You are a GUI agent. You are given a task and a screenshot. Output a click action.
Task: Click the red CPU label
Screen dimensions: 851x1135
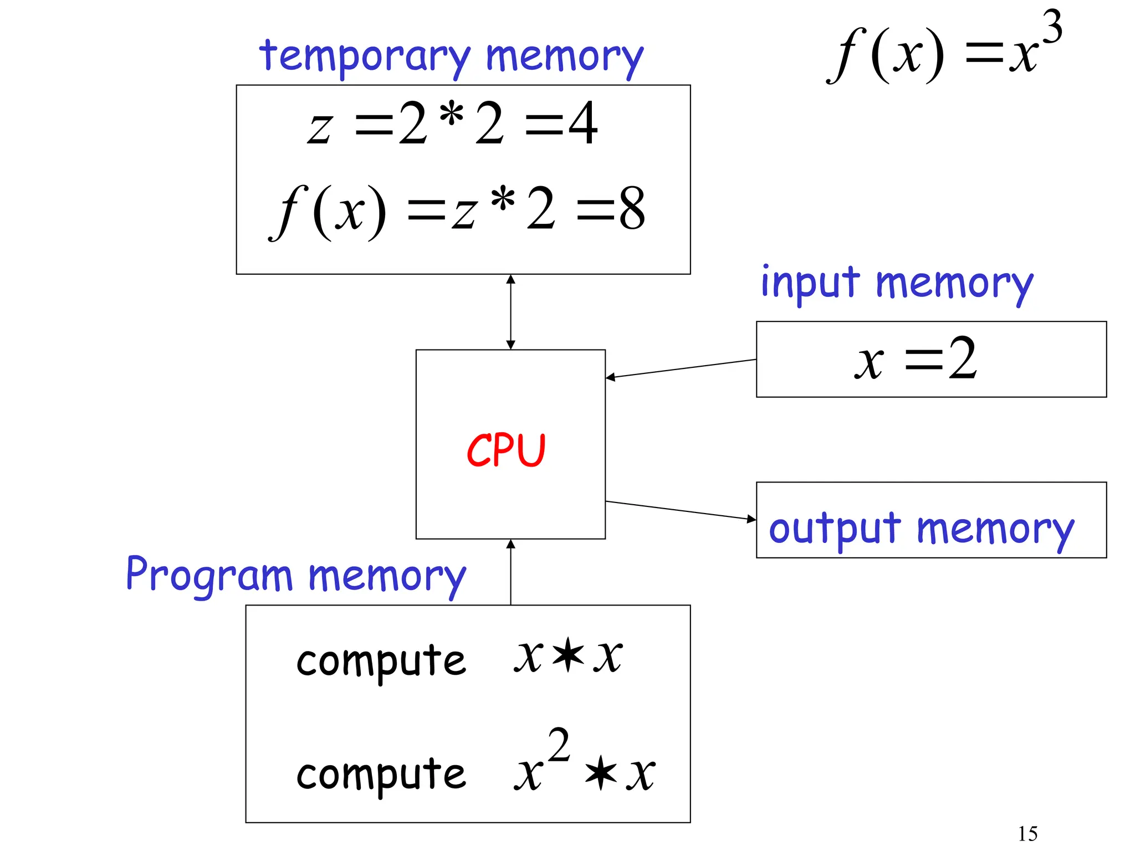tap(506, 450)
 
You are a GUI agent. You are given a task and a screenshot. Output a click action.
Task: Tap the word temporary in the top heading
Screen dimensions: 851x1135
tap(365, 57)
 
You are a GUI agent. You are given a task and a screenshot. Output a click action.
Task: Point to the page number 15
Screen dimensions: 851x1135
tap(1027, 834)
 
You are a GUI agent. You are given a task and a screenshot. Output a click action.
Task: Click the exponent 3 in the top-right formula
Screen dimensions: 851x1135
tap(1051, 28)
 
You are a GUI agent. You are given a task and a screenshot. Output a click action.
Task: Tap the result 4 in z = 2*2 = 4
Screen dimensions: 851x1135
tap(583, 124)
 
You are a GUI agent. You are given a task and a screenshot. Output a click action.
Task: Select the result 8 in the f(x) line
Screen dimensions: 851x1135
tap(632, 209)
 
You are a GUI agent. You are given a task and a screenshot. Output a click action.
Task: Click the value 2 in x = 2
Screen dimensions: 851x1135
tap(962, 359)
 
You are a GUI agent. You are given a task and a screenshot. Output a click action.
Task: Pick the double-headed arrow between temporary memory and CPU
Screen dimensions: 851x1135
tap(510, 312)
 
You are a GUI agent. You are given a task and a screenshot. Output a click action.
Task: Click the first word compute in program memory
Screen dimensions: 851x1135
tap(381, 660)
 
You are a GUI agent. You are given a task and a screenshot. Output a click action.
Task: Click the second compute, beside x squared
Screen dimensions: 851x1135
tap(381, 774)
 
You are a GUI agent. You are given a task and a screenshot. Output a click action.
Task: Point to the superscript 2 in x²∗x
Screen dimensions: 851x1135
tap(559, 746)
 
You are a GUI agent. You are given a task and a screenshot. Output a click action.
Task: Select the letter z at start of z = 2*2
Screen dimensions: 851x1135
tap(320, 128)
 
